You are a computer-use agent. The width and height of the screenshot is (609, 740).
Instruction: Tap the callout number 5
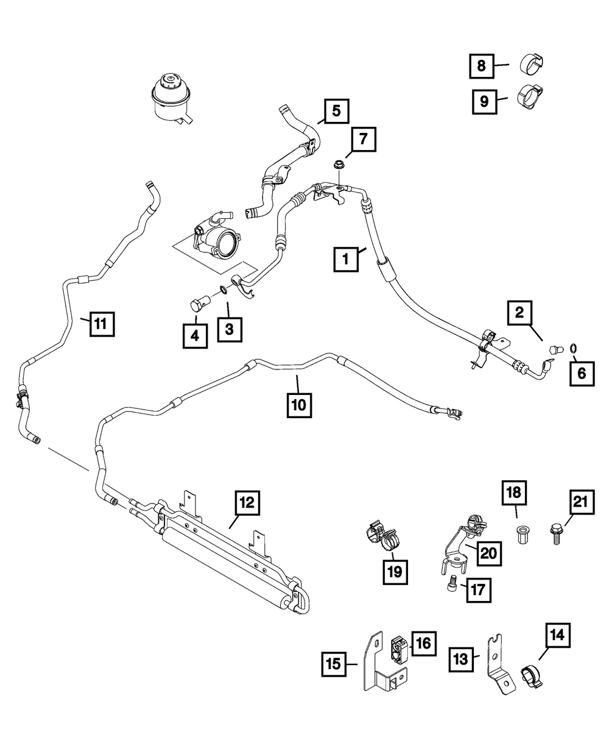[x=337, y=111]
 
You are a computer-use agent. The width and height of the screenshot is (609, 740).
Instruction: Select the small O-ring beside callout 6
[x=574, y=348]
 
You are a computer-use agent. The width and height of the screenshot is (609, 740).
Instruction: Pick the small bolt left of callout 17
[x=448, y=586]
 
